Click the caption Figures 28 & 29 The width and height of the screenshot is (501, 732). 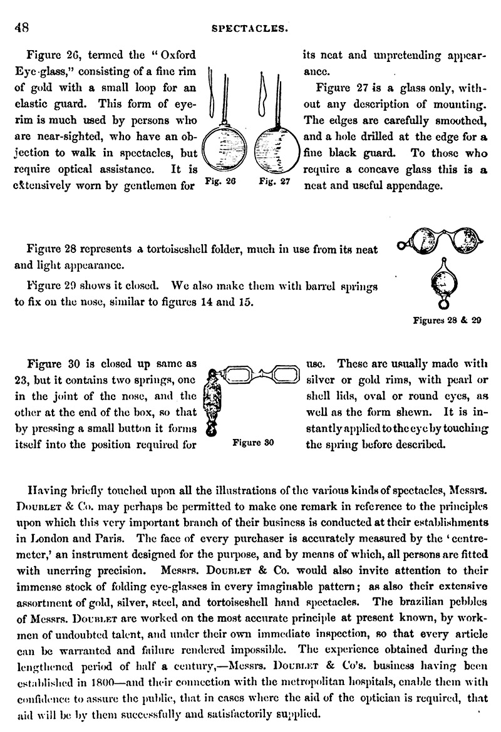447,321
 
